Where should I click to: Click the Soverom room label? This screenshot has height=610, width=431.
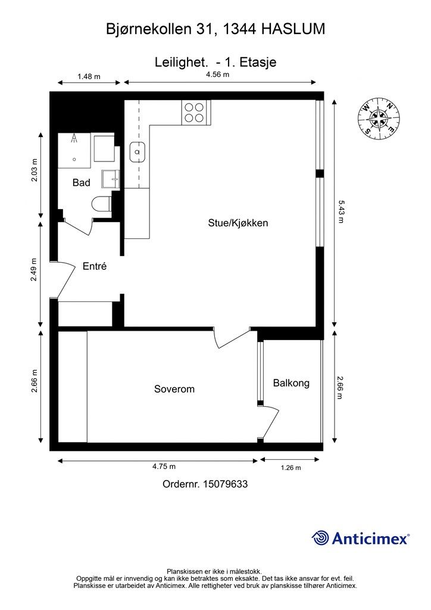tap(174, 389)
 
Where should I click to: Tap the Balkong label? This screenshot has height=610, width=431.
tap(291, 383)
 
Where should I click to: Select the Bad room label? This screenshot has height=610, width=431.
tap(81, 182)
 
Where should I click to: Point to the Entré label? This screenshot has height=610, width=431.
tap(95, 266)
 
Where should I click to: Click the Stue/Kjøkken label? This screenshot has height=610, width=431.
tap(238, 223)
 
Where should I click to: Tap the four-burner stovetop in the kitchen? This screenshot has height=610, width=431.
tap(194, 113)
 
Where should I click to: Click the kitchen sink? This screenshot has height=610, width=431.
tap(137, 152)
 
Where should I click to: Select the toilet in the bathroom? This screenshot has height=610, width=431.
tap(101, 204)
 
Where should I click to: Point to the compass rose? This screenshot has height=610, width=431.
tap(379, 119)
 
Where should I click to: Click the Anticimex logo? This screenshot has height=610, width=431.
tap(360, 539)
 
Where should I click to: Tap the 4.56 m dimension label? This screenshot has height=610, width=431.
tap(217, 74)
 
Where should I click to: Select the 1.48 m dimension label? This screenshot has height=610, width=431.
tap(89, 76)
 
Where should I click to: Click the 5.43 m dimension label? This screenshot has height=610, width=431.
tap(341, 211)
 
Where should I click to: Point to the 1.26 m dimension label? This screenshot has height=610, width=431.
tap(291, 468)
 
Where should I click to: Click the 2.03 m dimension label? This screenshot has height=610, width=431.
tap(35, 171)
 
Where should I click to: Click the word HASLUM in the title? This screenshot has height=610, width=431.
tap(293, 29)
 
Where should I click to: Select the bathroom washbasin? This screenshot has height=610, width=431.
tap(110, 179)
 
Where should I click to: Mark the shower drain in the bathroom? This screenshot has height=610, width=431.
tap(74, 159)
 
